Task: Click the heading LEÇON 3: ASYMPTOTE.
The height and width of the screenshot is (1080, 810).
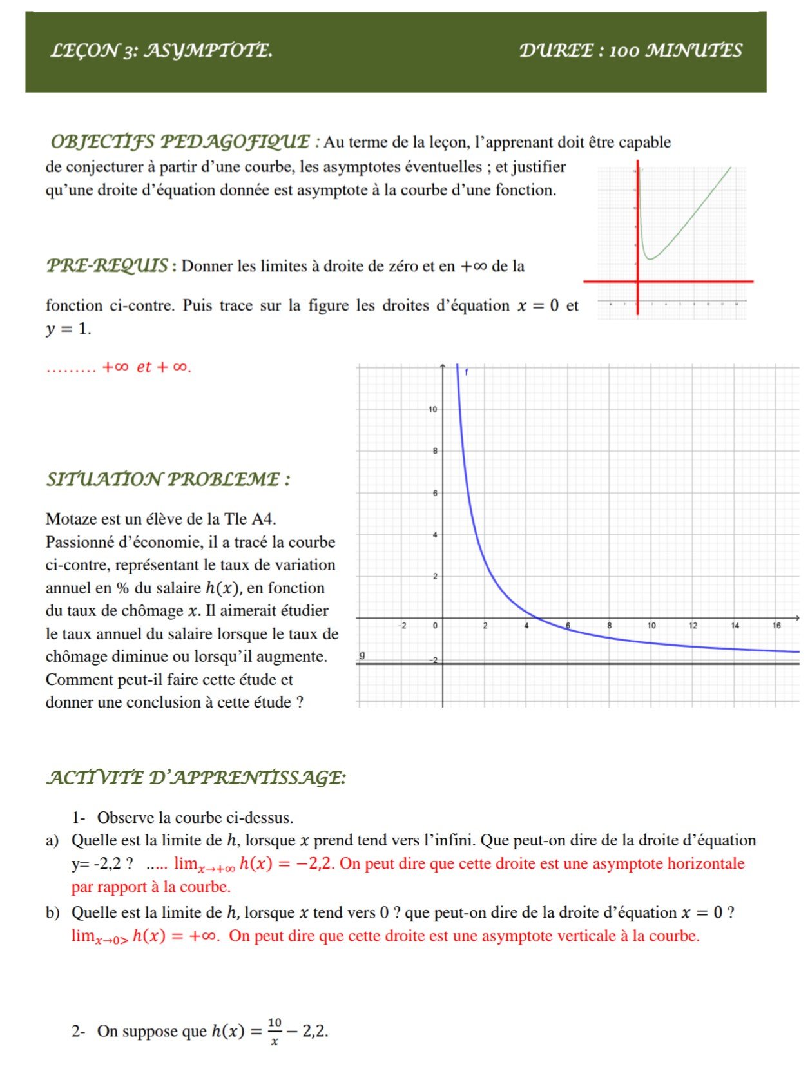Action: (161, 51)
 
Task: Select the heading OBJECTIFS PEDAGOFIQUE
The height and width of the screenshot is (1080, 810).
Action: (180, 142)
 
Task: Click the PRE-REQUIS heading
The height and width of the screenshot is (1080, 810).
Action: (108, 265)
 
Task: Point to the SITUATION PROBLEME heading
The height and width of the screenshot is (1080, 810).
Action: (168, 479)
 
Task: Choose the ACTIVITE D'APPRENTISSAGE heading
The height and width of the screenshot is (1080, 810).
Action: (196, 778)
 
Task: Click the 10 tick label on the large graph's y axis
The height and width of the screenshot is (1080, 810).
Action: (432, 410)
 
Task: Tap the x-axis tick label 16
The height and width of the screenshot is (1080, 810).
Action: (776, 626)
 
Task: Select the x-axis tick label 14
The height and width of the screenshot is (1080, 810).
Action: (735, 626)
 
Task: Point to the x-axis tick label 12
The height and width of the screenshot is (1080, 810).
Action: (693, 626)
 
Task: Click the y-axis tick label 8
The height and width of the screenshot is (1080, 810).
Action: (435, 452)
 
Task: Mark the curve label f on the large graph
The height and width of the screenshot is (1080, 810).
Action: (467, 372)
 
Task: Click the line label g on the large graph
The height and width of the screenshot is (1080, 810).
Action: (362, 655)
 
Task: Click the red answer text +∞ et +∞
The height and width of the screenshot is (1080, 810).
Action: (147, 367)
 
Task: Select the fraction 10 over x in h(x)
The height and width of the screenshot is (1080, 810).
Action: (275, 1031)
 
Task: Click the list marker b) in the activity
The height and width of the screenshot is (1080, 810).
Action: (52, 912)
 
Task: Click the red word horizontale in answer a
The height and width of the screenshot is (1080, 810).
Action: (706, 863)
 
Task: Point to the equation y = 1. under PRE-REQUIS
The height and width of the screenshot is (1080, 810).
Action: (68, 329)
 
